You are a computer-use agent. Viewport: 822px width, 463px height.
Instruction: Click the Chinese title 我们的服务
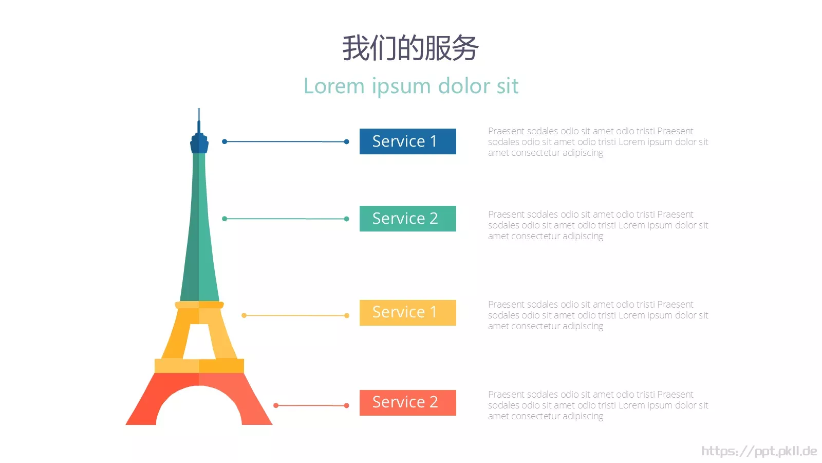[x=410, y=48]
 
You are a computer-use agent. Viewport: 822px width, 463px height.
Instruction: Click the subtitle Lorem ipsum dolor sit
[x=411, y=86]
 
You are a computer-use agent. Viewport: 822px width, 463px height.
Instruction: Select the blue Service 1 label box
[x=408, y=141]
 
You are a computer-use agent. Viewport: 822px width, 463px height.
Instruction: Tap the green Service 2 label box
[x=408, y=219]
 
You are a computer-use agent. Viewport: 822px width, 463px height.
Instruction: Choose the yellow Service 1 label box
[x=408, y=313]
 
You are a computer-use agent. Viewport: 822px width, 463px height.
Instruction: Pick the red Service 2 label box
[x=408, y=403]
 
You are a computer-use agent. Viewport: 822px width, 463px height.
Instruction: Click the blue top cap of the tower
[x=199, y=144]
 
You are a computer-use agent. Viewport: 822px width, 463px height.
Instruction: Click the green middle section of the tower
[x=199, y=228]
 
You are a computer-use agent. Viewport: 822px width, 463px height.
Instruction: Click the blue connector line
[x=286, y=141]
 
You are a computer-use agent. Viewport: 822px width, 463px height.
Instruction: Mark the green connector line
[x=286, y=219]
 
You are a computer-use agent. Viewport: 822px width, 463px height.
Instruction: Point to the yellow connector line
[x=295, y=315]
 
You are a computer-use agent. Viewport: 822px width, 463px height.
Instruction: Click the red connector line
[x=311, y=405]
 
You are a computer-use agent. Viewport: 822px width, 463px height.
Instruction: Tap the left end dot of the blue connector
[x=225, y=141]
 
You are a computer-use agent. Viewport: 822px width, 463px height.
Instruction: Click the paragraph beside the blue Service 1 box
[x=598, y=142]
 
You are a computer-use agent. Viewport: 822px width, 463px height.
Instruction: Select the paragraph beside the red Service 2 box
[x=598, y=405]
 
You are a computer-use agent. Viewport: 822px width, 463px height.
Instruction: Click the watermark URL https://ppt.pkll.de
[x=759, y=451]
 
